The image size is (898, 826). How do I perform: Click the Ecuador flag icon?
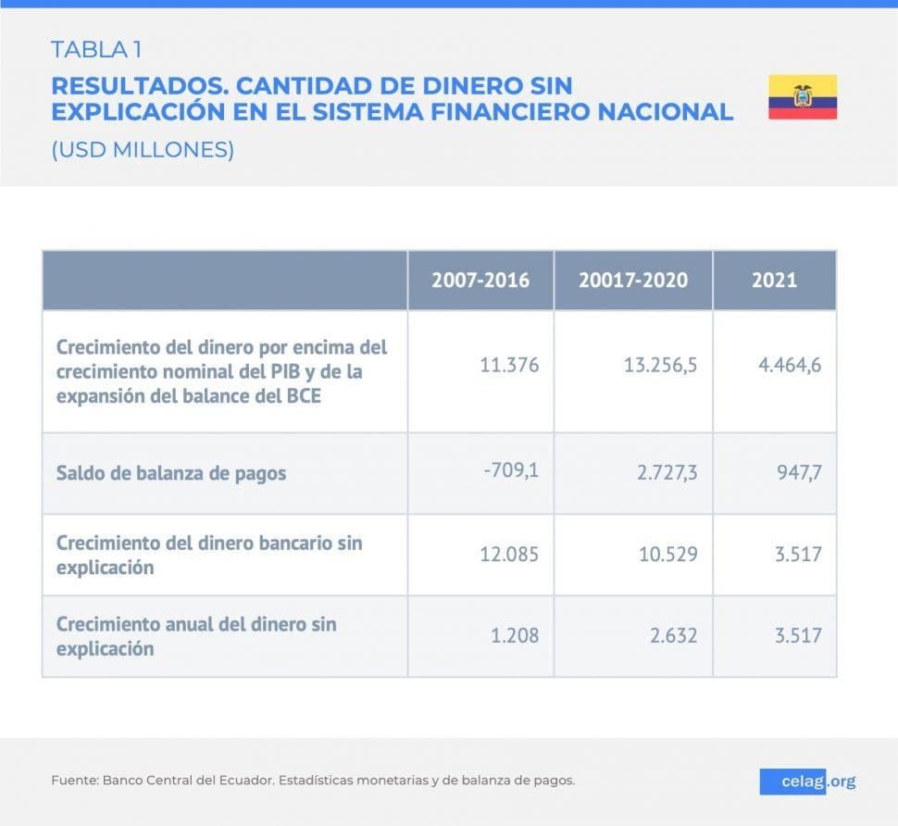802,97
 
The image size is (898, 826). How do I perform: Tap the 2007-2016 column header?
480,280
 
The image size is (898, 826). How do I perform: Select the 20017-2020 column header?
633,280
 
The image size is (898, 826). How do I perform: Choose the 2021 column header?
774,280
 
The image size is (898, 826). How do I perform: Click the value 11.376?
509,365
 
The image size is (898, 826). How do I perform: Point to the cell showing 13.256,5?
660,365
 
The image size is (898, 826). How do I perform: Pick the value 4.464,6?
789,365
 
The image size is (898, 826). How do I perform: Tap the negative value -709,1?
510,470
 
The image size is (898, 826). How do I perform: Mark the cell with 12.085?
509,555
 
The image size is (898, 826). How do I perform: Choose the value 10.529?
667,555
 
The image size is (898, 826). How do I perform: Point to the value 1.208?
514,636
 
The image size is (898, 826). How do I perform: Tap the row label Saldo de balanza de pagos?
171,473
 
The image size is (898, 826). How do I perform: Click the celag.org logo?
807,782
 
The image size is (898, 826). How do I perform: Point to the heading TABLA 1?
96,49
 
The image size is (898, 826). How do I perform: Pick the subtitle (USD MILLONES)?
143,150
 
